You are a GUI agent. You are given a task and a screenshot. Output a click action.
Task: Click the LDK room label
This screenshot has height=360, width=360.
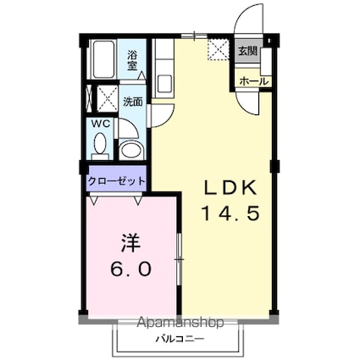pyautogui.click(x=228, y=188)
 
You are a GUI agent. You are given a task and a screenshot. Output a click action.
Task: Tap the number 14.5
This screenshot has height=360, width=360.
pyautogui.click(x=228, y=213)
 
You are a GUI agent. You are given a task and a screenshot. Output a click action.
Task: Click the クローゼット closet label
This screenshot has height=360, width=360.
pyautogui.click(x=117, y=181)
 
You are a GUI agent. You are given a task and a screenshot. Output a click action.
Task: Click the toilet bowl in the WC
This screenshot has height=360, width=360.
pyautogui.click(x=100, y=146)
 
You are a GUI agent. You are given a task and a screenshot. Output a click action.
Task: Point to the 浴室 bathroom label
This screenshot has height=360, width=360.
pyautogui.click(x=133, y=60)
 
